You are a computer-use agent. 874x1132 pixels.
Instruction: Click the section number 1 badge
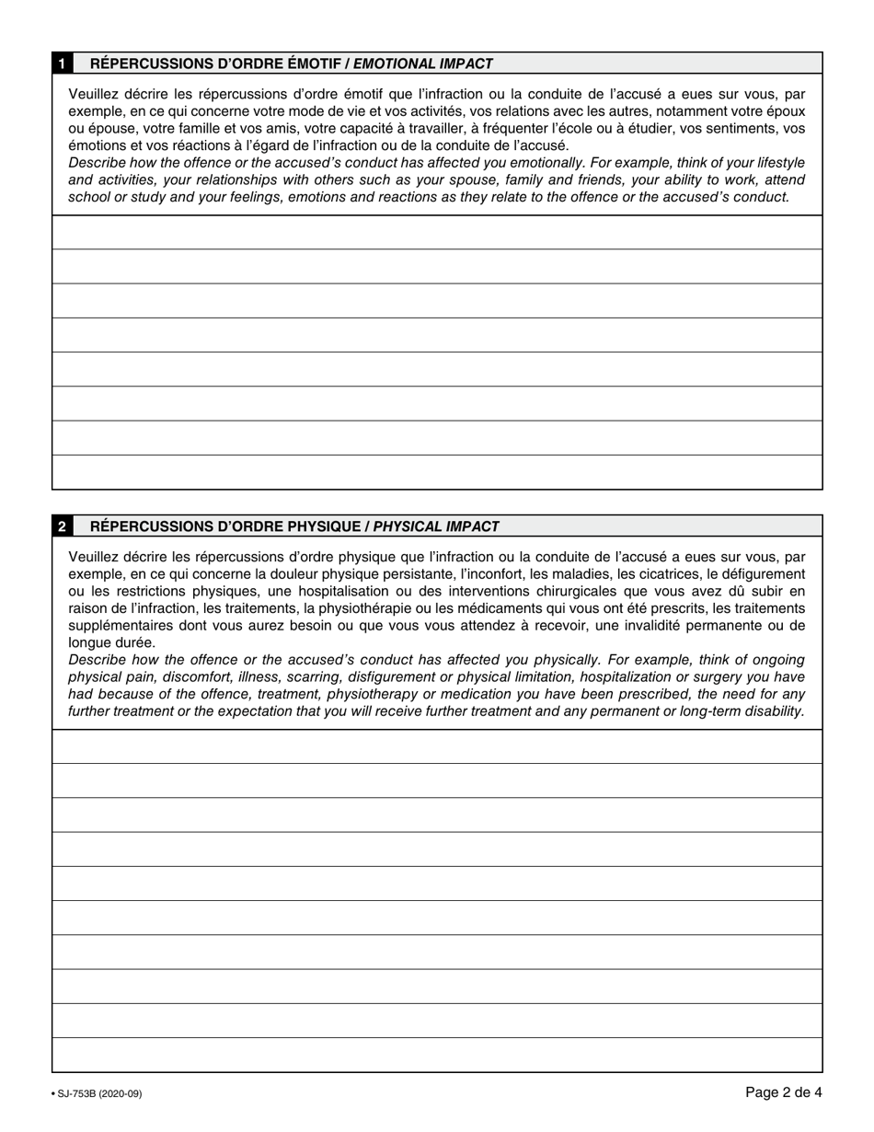coord(62,64)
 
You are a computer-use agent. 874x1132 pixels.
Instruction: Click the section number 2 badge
coord(62,526)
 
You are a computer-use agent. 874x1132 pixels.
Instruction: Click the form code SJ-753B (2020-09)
coord(97,1093)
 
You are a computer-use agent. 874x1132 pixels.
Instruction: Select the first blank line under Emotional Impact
coord(437,233)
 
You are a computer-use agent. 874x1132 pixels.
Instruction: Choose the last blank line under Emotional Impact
coord(437,472)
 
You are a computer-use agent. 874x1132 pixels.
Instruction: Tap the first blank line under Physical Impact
coord(437,746)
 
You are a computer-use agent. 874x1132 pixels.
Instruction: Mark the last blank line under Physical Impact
coord(437,1056)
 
